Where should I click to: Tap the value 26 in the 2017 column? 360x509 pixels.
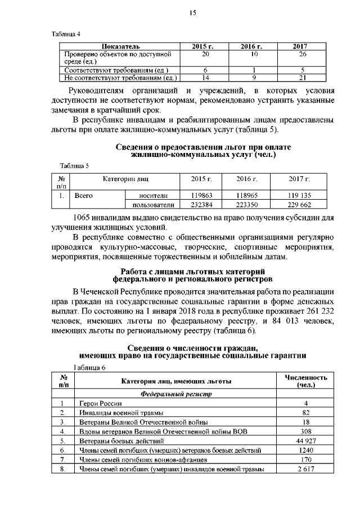pyautogui.click(x=303, y=53)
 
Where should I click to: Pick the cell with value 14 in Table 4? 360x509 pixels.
pyautogui.click(x=205, y=78)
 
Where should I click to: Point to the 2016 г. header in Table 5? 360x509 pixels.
pyautogui.click(x=246, y=178)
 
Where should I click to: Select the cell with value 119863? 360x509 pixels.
pyautogui.click(x=201, y=196)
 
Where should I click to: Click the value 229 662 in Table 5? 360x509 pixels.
pyautogui.click(x=299, y=205)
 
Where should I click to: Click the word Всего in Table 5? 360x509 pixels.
pyautogui.click(x=84, y=196)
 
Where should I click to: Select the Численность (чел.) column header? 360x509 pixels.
pyautogui.click(x=305, y=381)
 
